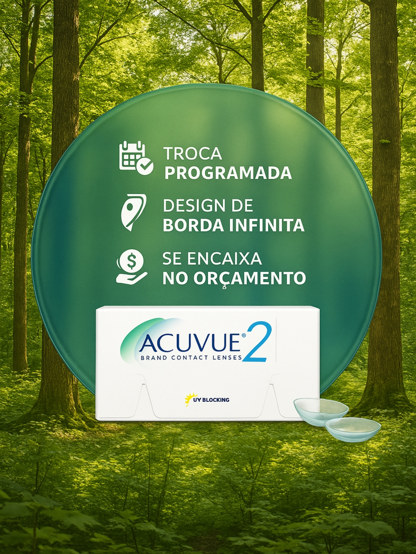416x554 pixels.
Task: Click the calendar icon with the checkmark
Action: point(136,158)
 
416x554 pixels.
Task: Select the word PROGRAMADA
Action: point(228,173)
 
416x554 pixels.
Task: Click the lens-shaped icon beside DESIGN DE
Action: point(133,212)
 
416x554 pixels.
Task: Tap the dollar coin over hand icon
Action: point(132,268)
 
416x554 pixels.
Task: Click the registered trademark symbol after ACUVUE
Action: point(243,335)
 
